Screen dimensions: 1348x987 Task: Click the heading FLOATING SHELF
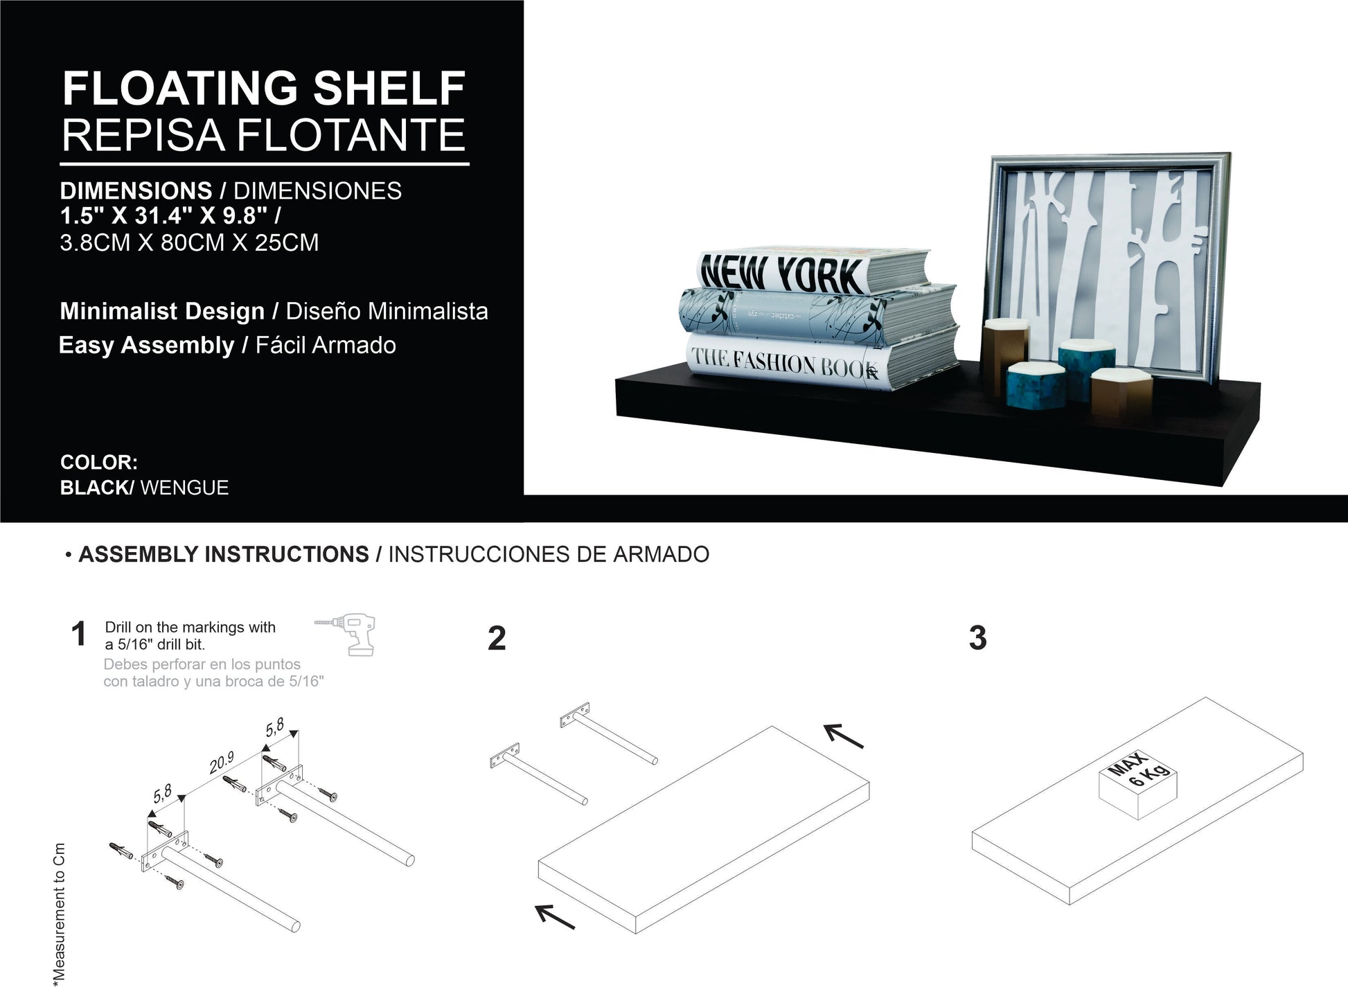(x=264, y=88)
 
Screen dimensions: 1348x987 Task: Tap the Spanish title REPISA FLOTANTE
(x=263, y=134)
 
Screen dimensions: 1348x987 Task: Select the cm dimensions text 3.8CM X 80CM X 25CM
(x=189, y=242)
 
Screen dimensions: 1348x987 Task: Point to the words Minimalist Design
(x=162, y=311)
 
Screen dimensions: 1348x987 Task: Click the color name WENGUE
(x=184, y=488)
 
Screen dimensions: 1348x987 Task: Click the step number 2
(x=497, y=638)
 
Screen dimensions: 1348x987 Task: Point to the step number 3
(x=977, y=638)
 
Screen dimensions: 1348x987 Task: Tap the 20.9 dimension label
(x=222, y=763)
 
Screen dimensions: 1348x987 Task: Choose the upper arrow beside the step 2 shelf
(x=844, y=736)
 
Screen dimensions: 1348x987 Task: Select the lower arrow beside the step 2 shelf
(x=555, y=916)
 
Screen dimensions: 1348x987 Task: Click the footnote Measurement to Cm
(x=59, y=914)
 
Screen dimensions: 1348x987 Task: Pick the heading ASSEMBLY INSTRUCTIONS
(x=224, y=554)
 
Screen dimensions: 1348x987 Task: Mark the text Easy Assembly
(x=147, y=345)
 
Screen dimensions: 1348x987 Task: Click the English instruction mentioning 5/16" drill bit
(x=190, y=635)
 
